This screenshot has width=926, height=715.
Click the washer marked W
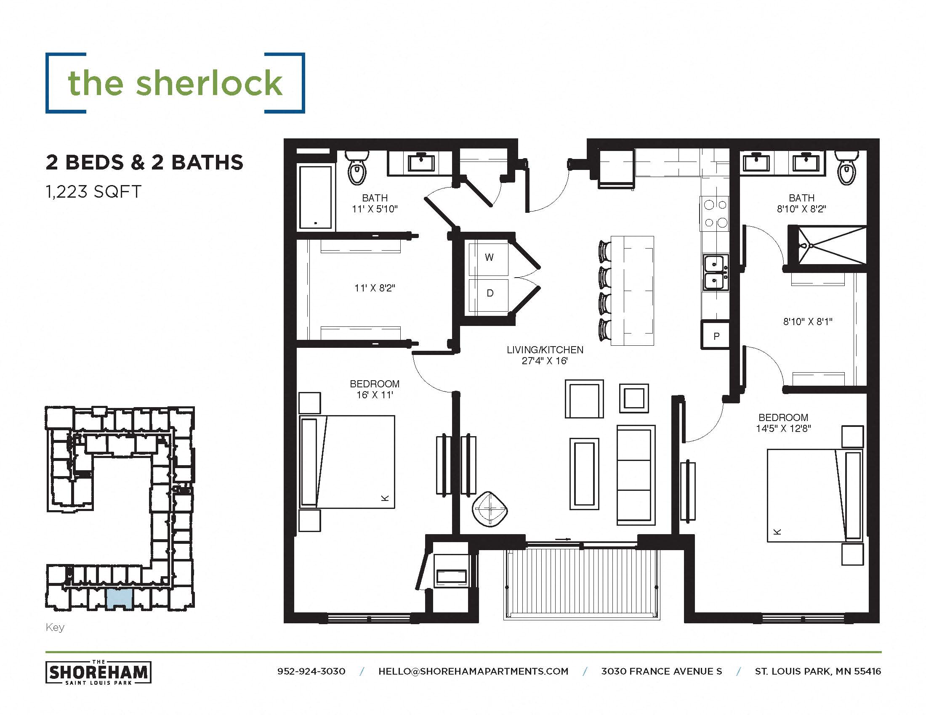coord(488,258)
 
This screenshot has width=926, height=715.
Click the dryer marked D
coord(489,294)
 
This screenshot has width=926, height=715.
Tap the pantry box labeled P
coord(716,336)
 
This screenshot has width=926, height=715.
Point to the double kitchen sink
coord(715,273)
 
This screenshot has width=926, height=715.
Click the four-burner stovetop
coord(715,214)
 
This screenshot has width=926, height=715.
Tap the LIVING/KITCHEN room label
coord(545,350)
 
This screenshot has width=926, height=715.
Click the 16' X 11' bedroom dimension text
coord(374,395)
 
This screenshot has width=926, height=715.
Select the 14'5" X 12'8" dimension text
coord(783,428)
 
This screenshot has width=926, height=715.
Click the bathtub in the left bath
coord(316,197)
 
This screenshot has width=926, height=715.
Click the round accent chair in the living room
coord(490,509)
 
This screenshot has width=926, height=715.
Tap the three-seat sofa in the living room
coord(635,475)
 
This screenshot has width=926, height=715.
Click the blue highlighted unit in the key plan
coord(119,598)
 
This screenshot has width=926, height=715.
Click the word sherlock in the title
coord(209,83)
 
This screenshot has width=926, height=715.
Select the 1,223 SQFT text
coord(93,192)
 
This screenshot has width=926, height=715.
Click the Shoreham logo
coord(98,672)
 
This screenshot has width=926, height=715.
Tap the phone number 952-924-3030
coord(311,671)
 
